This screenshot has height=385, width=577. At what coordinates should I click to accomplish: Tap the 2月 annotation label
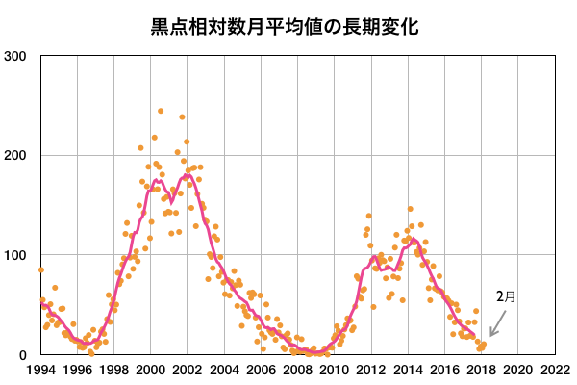[x=506, y=296]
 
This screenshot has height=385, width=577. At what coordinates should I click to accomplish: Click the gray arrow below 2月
[x=497, y=323]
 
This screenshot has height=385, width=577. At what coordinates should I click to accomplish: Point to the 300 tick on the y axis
[x=14, y=56]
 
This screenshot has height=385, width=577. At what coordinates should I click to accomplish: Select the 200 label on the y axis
[x=14, y=156]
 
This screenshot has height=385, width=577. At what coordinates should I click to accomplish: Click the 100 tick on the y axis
[x=14, y=255]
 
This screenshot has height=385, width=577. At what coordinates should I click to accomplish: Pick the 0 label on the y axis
[x=22, y=355]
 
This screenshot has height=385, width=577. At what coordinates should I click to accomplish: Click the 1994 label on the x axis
[x=40, y=371]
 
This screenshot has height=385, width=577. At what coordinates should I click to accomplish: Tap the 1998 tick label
[x=113, y=371]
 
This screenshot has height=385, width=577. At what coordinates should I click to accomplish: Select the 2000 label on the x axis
[x=150, y=371]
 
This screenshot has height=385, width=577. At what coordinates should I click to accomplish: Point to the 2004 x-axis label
[x=223, y=371]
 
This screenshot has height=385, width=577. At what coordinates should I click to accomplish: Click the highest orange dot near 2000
[x=161, y=111]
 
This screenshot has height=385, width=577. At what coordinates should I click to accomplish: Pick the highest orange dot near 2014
[x=410, y=209]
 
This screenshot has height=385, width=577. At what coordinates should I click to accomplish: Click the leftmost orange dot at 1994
[x=40, y=270]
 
